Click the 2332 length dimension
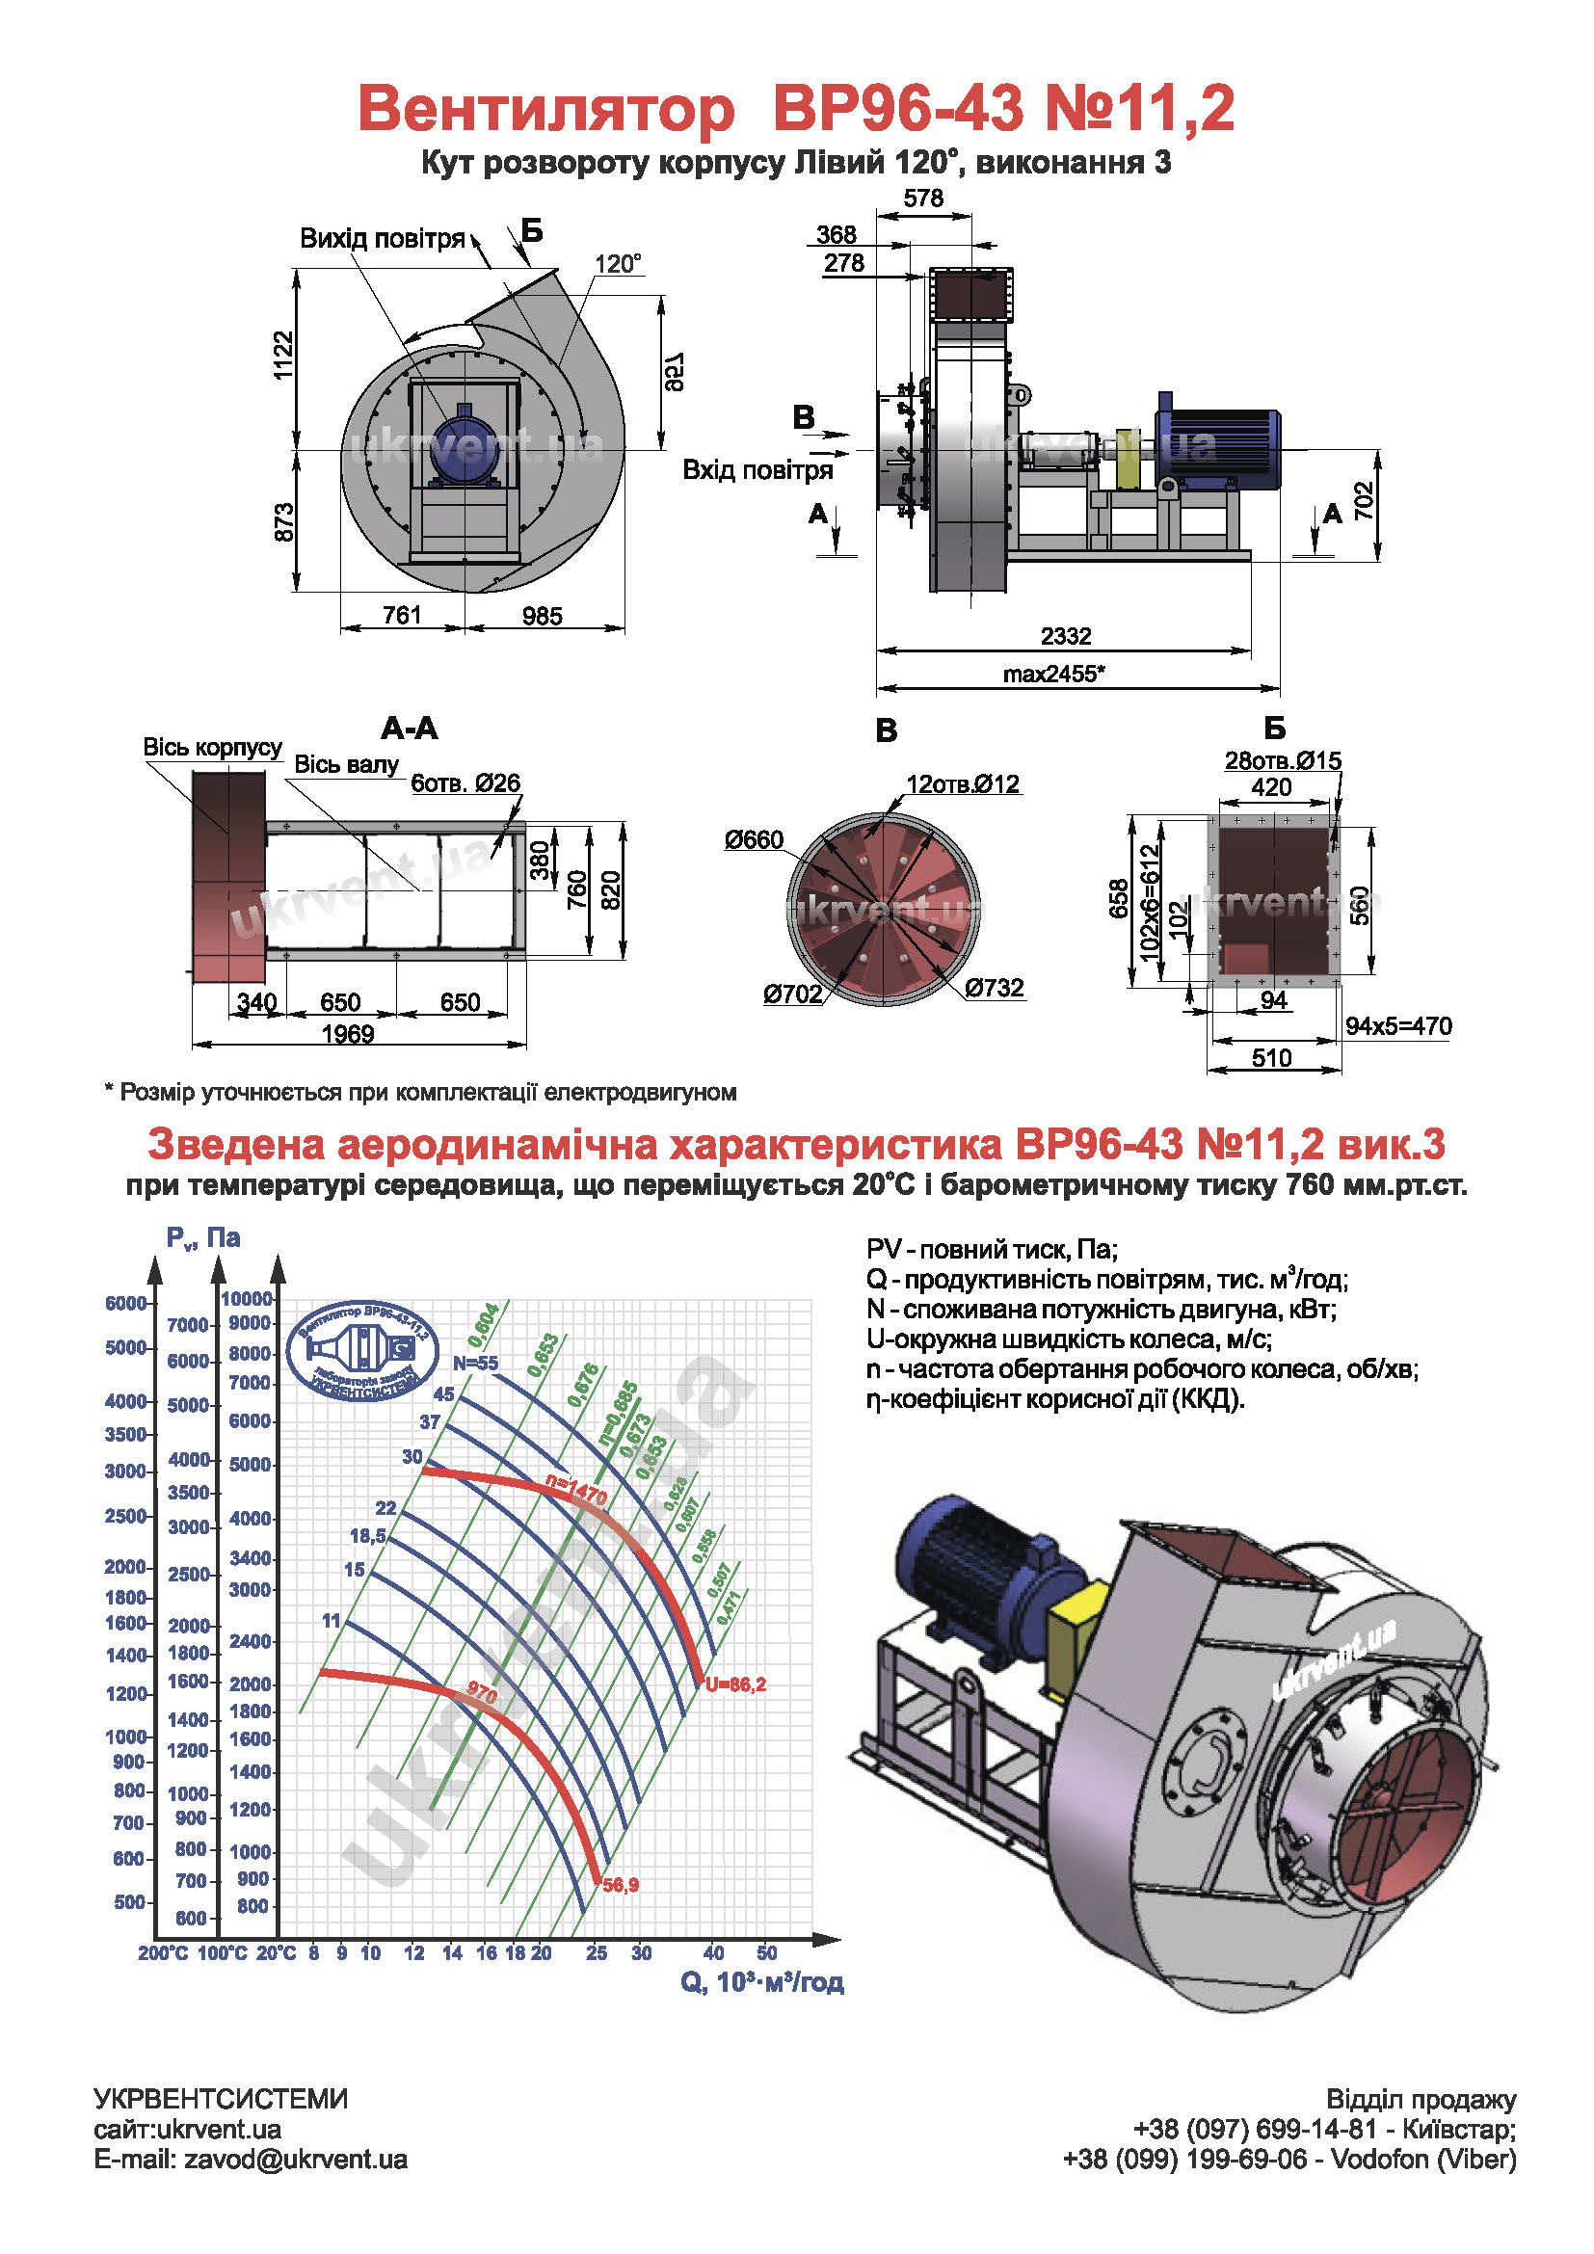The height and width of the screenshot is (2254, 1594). (x=1065, y=636)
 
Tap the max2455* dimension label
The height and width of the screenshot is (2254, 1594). (x=1053, y=674)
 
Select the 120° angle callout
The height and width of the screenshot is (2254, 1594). (x=618, y=263)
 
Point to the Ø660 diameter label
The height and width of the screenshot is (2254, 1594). (x=754, y=839)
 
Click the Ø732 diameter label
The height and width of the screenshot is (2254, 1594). (x=994, y=988)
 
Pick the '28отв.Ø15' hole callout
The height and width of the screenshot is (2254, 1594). (x=1282, y=761)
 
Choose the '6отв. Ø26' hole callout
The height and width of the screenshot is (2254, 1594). (x=465, y=782)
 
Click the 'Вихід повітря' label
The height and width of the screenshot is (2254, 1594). (x=382, y=239)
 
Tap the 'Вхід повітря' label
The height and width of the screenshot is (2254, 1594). (x=757, y=470)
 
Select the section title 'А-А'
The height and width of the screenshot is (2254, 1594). (x=410, y=729)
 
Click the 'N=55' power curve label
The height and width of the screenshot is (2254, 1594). (x=475, y=1363)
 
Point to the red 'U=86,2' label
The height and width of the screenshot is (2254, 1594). (x=735, y=1684)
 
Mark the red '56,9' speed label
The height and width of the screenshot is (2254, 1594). (x=621, y=1885)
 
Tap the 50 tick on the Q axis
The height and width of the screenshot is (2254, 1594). (x=766, y=1952)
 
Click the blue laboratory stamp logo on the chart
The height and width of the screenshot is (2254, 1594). (x=362, y=1350)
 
